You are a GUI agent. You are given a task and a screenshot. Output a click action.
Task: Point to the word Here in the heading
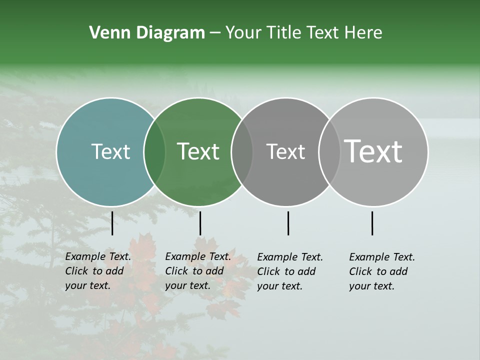[363, 33]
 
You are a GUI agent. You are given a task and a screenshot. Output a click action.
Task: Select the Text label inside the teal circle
[110, 151]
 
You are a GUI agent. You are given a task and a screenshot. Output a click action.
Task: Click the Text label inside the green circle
[198, 151]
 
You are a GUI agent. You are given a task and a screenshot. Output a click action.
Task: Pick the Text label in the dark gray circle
[285, 151]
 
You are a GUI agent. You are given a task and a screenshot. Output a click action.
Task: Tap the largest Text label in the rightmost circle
[373, 151]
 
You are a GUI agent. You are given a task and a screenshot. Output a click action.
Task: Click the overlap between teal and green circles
[154, 151]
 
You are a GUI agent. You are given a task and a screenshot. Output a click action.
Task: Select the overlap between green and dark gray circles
[242, 151]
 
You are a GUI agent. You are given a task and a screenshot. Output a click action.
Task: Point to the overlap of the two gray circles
[329, 151]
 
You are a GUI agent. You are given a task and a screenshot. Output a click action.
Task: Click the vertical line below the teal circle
[112, 223]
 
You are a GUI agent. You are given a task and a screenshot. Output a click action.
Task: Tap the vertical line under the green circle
[200, 223]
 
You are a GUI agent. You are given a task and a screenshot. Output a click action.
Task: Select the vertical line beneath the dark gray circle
[288, 223]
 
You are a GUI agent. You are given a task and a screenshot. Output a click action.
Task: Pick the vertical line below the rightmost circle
[372, 223]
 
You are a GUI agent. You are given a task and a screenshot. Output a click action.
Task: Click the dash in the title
[215, 33]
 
